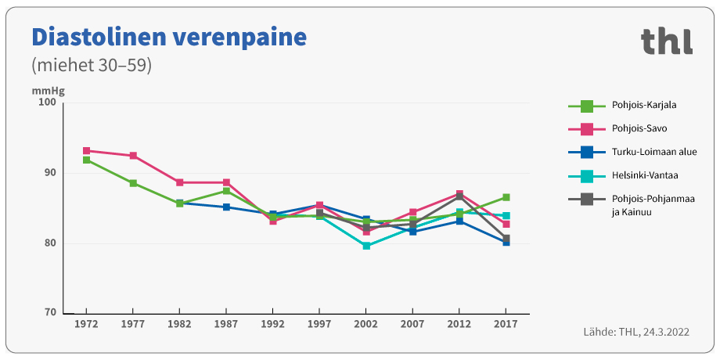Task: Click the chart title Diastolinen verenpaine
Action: (168, 37)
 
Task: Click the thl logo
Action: (666, 41)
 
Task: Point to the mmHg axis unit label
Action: (48, 91)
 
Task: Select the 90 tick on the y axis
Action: (48, 173)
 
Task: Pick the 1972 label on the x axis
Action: (86, 324)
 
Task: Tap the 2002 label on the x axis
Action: (366, 324)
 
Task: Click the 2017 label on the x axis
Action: (506, 324)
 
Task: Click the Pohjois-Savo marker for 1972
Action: (86, 151)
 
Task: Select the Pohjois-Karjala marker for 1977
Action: (133, 183)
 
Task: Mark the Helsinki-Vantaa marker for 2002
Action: (366, 246)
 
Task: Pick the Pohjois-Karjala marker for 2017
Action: (506, 197)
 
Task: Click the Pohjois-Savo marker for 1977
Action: (133, 156)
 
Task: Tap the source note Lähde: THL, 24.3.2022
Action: (636, 333)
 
